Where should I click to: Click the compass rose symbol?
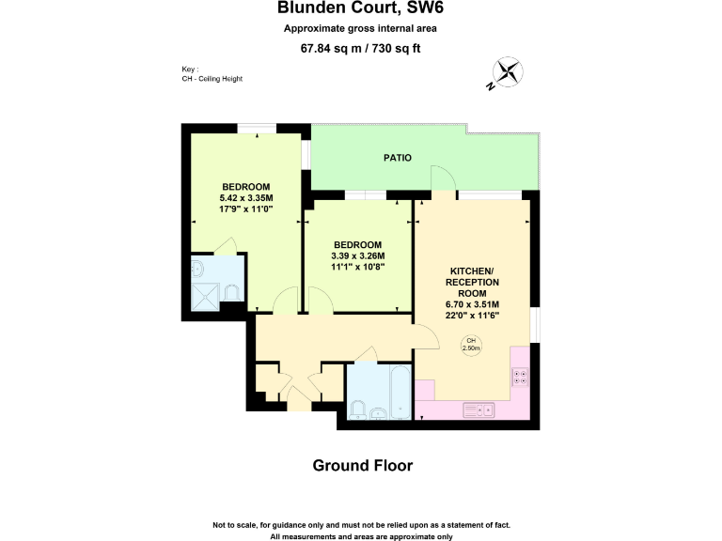tap(507, 73)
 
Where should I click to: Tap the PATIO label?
tap(398, 158)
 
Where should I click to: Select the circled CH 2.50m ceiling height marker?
tap(471, 345)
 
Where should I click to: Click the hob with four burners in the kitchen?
tap(520, 378)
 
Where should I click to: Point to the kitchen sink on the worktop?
tap(480, 410)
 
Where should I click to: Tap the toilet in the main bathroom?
tap(358, 409)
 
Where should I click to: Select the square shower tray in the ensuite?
tap(205, 294)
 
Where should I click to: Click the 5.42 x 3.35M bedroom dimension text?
tap(246, 198)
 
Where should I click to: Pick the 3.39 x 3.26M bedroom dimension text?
tap(358, 255)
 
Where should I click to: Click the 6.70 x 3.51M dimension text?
tap(472, 304)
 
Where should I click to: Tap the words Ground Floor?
tap(362, 465)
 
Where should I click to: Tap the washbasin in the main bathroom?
tap(377, 412)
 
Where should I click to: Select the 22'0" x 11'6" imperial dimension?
tap(472, 316)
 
